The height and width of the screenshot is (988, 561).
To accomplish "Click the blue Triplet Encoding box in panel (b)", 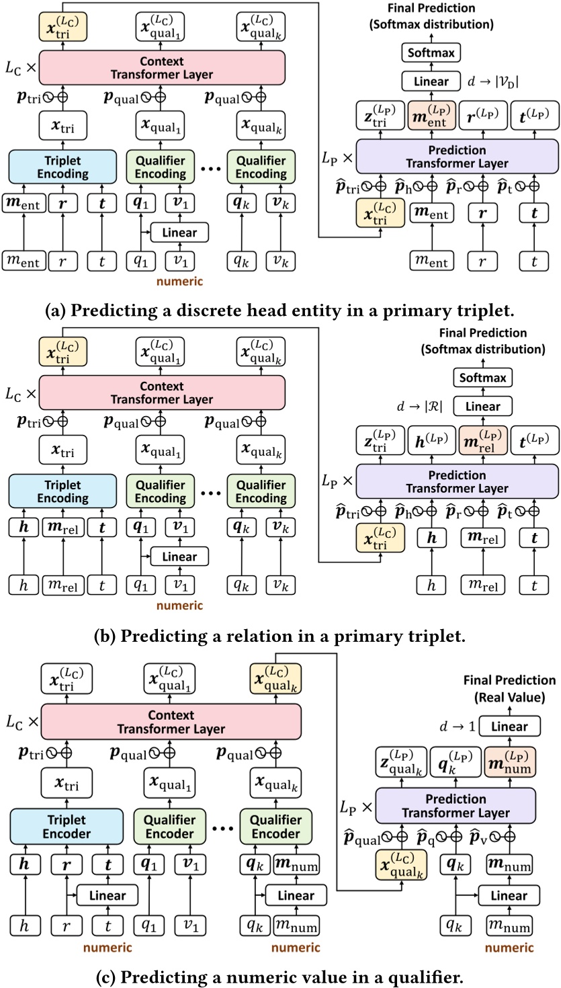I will (58, 491).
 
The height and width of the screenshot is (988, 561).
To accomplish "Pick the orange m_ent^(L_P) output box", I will (431, 116).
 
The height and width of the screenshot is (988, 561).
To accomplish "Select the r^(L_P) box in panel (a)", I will (481, 116).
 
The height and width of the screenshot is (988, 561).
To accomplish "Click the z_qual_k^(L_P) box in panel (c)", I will (400, 762).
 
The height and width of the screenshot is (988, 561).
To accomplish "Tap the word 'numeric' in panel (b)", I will (180, 606).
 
